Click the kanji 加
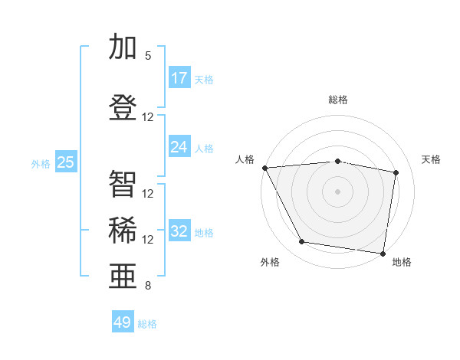[x=123, y=47]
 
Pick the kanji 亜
[x=123, y=277]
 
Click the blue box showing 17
[x=179, y=78]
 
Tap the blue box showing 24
[x=179, y=147]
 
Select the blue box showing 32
[x=179, y=231]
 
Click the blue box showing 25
[x=66, y=162]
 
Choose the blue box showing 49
[x=123, y=322]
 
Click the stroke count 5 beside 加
[x=148, y=56]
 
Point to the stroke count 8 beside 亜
[x=148, y=286]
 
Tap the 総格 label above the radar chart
[x=338, y=100]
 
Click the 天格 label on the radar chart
[x=432, y=159]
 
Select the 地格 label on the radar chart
[x=402, y=262]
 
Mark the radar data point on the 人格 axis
[x=264, y=168]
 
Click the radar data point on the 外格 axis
[x=301, y=242]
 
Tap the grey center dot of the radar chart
[x=338, y=191]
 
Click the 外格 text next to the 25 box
[x=40, y=163]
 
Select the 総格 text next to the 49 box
[x=147, y=324]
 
